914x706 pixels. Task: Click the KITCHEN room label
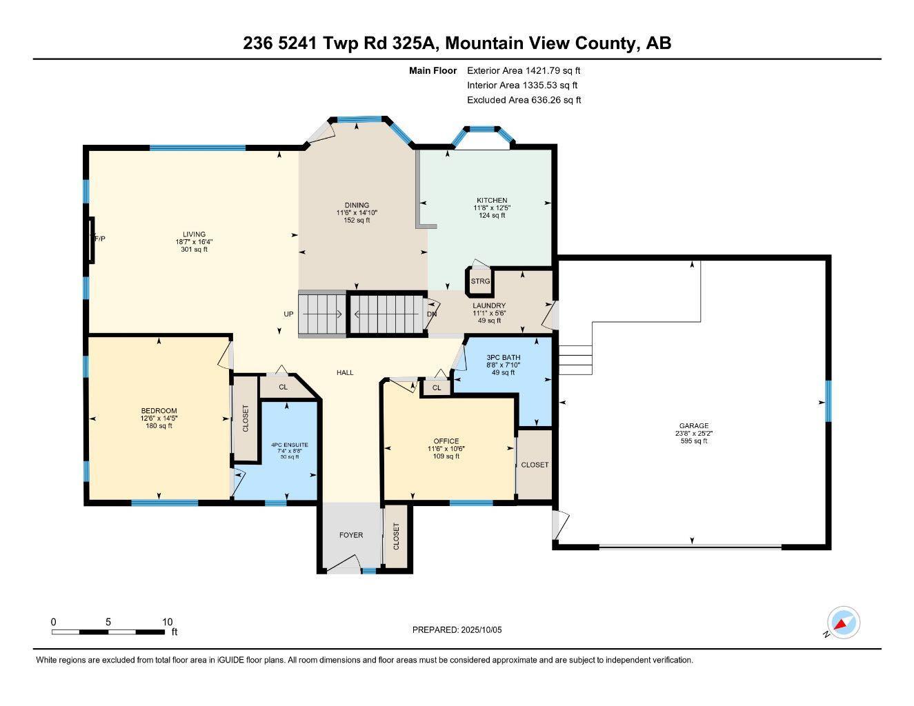[x=490, y=201]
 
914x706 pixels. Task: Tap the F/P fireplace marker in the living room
[x=99, y=239]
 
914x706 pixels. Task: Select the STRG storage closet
[x=480, y=281]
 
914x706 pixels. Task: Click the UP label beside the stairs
[x=289, y=314]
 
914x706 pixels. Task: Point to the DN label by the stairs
[x=432, y=314]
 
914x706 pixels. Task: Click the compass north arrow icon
[x=842, y=624]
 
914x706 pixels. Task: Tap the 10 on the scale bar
[x=167, y=621]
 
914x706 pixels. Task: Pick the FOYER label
[x=350, y=535]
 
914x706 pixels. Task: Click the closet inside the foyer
[x=396, y=536]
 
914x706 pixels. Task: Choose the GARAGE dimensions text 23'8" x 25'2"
[x=693, y=434]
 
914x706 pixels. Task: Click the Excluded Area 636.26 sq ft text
[x=524, y=100]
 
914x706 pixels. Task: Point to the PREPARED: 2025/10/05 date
[x=457, y=629]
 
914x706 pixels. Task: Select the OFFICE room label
[x=446, y=441]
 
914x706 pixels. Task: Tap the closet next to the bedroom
[x=245, y=418]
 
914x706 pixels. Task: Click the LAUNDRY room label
[x=489, y=305]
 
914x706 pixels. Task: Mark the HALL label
[x=345, y=372]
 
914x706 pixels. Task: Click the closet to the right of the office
[x=535, y=465]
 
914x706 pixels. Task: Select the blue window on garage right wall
[x=828, y=401]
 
